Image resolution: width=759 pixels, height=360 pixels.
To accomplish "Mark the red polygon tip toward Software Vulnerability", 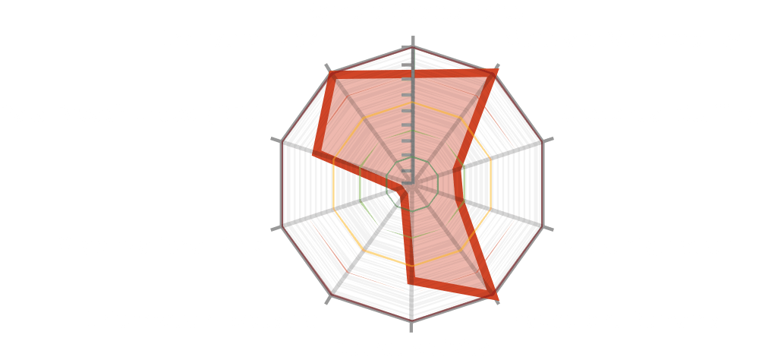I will click(498, 68).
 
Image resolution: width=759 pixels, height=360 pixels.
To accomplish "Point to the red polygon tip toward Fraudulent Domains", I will click(496, 296).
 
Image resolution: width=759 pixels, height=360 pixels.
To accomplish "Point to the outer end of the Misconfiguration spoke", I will click(545, 226).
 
